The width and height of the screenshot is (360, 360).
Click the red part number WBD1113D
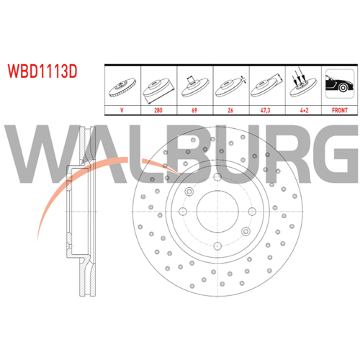coord(42,71)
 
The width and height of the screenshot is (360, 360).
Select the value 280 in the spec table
coord(158,110)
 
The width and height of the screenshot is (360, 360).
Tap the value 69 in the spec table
coord(194,110)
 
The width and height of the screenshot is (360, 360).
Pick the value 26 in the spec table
coord(230,110)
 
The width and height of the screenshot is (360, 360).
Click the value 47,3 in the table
coord(266,110)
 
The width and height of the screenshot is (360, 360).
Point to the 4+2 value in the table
coord(304,110)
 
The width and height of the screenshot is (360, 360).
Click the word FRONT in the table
coord(340,110)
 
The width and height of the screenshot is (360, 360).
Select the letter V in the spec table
coord(122,110)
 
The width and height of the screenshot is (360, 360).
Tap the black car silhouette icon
coord(339,84)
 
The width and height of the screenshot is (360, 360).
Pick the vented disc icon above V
coord(122,87)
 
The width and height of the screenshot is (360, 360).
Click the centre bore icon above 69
coord(195,86)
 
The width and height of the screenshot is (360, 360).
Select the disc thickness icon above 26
coord(230,86)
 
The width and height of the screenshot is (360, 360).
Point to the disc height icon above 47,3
coord(266,86)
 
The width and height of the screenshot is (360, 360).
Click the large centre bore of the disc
coord(217,212)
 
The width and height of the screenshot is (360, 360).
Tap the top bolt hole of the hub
coord(217,177)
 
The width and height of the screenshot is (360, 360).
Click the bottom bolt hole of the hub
coord(217,246)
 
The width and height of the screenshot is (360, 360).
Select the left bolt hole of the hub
coord(183,212)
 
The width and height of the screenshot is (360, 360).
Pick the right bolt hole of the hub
coord(252,212)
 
